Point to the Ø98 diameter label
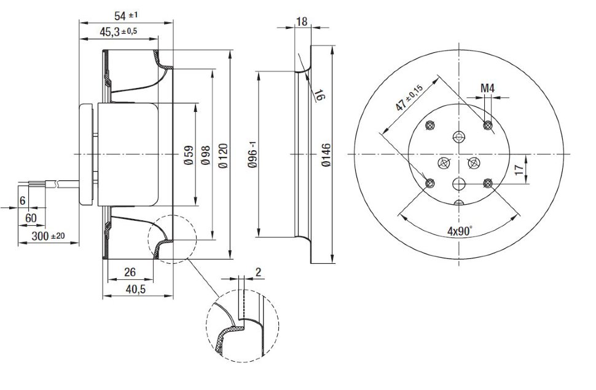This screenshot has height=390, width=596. [x=205, y=153]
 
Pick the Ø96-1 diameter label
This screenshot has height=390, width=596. [x=251, y=154]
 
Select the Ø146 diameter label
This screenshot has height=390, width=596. [x=326, y=154]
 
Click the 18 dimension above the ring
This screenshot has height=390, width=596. [x=302, y=22]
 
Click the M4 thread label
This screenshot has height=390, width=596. [x=487, y=89]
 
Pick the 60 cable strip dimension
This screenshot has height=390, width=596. [x=31, y=218]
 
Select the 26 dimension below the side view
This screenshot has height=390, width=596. [x=130, y=271]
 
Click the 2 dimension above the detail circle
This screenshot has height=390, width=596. [x=258, y=271]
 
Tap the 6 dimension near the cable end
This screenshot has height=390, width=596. [x=23, y=200]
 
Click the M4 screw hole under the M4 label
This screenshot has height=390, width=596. [x=488, y=126]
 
